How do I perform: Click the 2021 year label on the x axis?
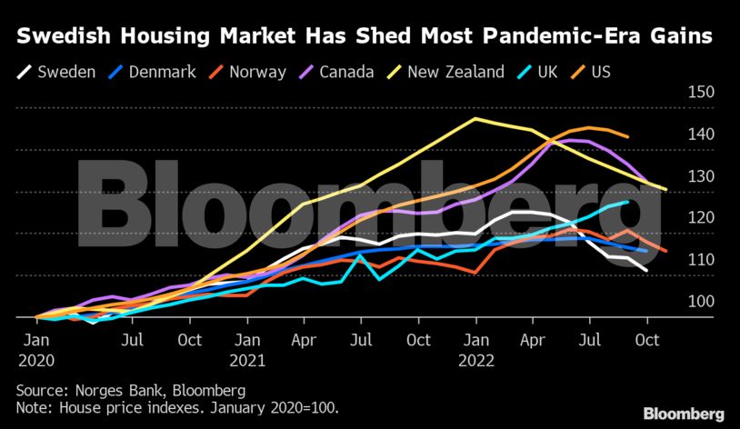(247, 360)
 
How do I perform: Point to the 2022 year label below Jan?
(475, 360)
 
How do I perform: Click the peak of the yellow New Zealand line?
(475, 118)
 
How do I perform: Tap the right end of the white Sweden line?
(646, 271)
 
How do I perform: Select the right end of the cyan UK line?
(627, 202)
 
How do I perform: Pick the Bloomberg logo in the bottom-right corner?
(685, 414)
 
